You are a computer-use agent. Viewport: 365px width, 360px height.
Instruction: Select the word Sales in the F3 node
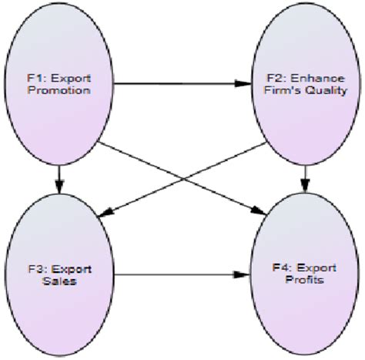tap(59, 283)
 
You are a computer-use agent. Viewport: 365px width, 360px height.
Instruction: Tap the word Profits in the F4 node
tap(305, 282)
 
